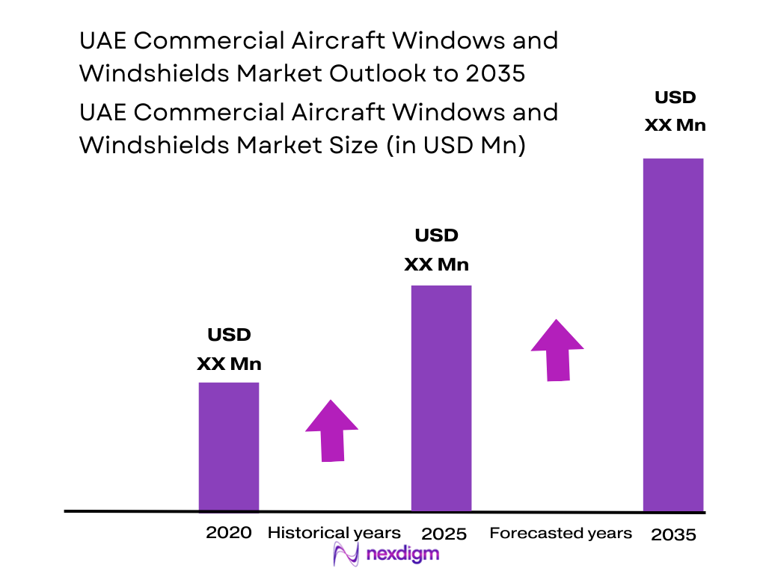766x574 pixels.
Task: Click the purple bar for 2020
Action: tap(228, 447)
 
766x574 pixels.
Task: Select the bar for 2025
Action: tap(441, 398)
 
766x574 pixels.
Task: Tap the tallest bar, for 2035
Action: tap(673, 334)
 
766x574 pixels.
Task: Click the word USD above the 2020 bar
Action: tap(229, 335)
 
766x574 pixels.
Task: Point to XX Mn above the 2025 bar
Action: tap(436, 265)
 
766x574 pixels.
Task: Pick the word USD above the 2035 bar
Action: tap(675, 97)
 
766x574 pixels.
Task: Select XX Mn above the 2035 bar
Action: tap(675, 125)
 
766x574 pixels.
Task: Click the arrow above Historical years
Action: tap(331, 430)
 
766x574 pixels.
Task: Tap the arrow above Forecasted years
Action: tap(557, 350)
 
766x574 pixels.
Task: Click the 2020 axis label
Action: tap(229, 533)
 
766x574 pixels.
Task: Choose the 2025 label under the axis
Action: tap(444, 534)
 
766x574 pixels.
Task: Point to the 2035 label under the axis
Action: tap(673, 534)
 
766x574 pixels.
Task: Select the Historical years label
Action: tap(334, 533)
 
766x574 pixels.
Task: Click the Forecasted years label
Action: tap(560, 533)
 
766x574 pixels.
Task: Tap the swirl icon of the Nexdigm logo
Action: tap(346, 555)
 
